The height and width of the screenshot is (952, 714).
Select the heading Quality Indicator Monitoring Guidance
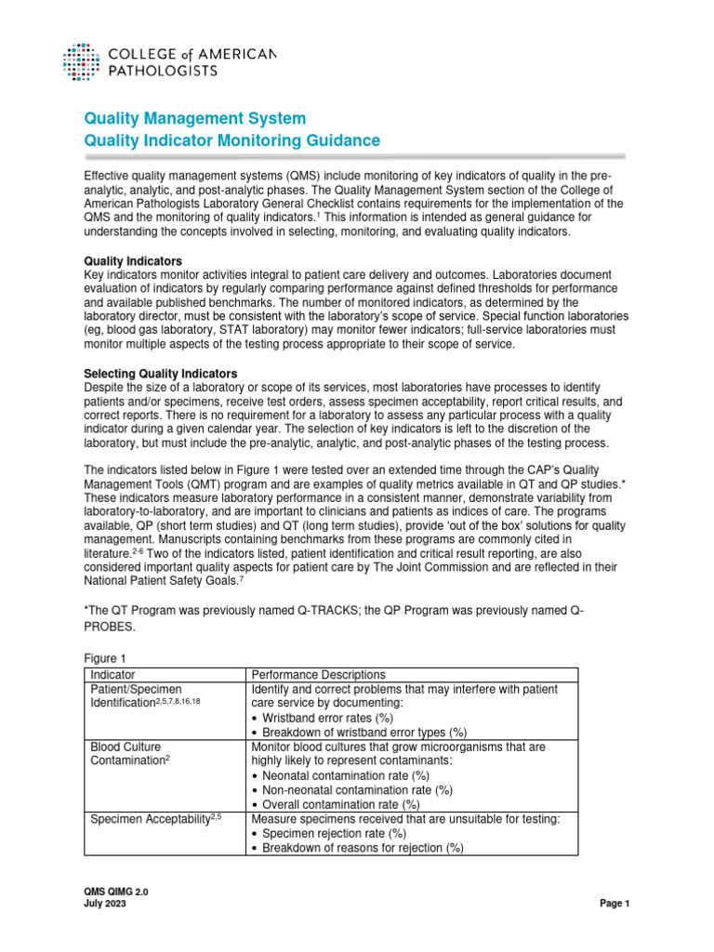[x=231, y=140]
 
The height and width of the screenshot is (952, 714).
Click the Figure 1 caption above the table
[x=106, y=657]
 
